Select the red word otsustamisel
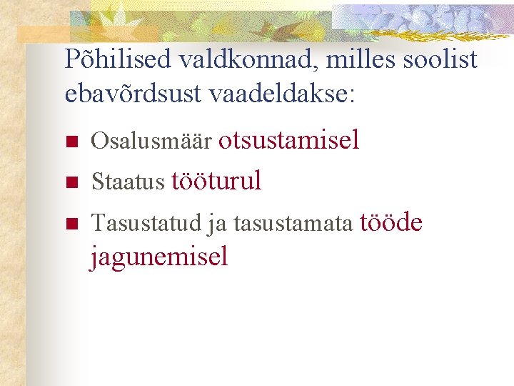click(288, 140)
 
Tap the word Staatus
click(128, 183)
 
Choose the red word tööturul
click(216, 182)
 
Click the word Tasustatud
click(147, 225)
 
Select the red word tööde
click(391, 223)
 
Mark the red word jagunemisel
click(158, 256)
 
